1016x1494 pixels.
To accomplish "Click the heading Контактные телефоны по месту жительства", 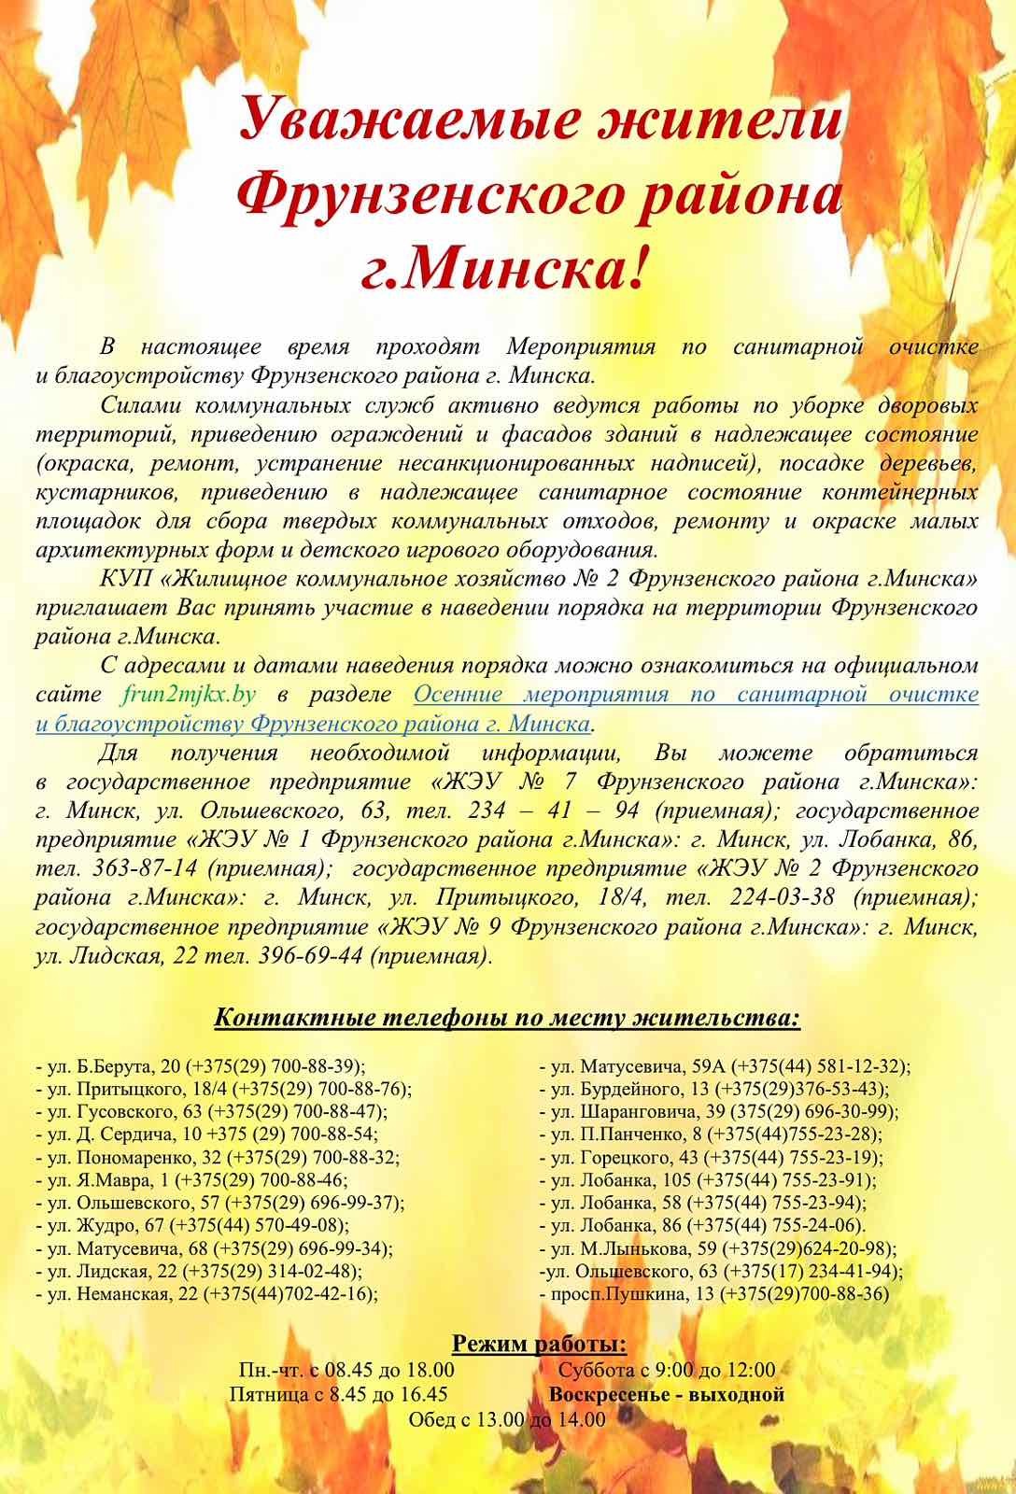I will point(507,1016).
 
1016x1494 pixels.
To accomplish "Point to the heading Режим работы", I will point(539,1346).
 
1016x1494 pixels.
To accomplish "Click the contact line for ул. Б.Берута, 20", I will point(200,1066).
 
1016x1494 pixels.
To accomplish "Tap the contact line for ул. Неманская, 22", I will point(206,1293).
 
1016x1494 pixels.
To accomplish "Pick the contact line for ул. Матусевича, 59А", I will point(726,1066).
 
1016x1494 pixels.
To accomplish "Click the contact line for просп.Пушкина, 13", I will point(715,1293).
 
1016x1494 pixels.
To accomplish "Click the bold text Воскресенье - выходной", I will point(667,1395).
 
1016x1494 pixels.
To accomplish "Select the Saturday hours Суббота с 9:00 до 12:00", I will point(667,1371).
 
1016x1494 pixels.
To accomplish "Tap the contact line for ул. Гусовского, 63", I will point(211,1112).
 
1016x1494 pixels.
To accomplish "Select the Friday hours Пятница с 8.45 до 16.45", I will point(339,1395).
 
